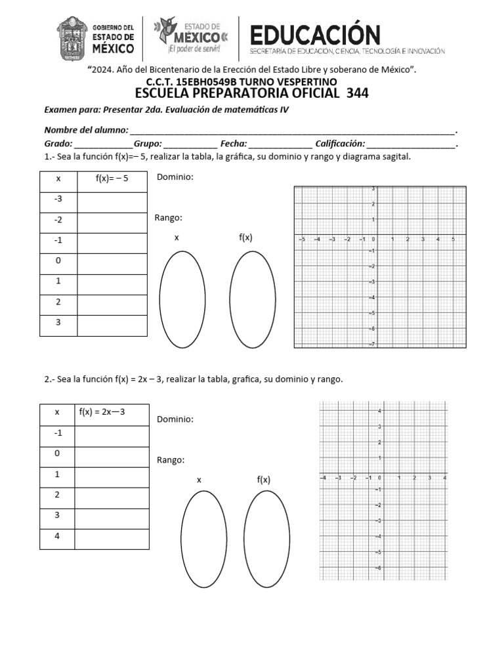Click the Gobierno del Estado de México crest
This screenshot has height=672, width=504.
(x=72, y=38)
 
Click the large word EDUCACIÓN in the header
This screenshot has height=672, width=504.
(x=316, y=34)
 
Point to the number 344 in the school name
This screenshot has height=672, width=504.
(x=355, y=93)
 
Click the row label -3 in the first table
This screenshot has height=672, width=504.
(x=58, y=199)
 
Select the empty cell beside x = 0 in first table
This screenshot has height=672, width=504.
(x=112, y=261)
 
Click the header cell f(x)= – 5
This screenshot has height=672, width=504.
(x=112, y=178)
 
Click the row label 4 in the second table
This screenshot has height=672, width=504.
(x=57, y=536)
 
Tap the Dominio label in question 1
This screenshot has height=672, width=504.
(x=175, y=177)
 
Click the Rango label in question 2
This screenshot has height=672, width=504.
(x=171, y=460)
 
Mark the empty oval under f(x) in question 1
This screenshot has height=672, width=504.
(x=253, y=299)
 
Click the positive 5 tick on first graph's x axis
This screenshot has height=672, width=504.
(x=453, y=240)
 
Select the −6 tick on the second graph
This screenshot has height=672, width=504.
(x=378, y=568)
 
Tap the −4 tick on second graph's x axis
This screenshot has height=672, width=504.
(x=322, y=478)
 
